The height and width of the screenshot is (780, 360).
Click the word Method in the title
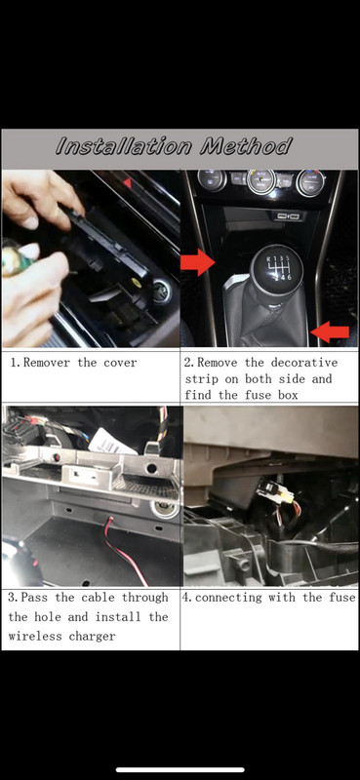tap(245, 148)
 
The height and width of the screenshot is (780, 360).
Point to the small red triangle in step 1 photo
tap(127, 182)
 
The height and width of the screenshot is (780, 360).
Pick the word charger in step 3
tap(100, 636)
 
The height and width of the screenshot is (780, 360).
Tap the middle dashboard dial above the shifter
tap(260, 182)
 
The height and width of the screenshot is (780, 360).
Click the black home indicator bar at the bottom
tap(180, 769)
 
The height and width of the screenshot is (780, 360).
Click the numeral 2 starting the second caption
tap(188, 363)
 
